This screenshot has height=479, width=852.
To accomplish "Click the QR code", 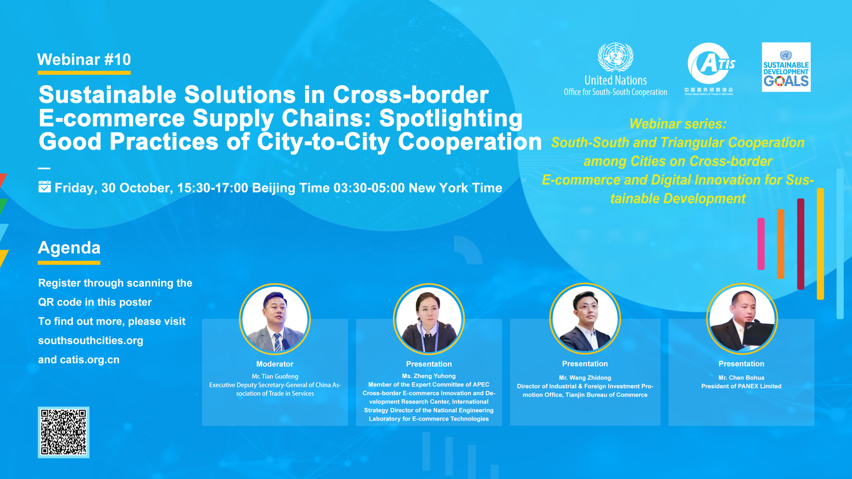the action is click(63, 432).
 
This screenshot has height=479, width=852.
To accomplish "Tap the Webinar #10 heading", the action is click(84, 60).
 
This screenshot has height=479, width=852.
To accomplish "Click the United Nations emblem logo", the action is click(615, 57).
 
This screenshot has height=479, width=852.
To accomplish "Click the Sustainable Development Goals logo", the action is click(786, 67).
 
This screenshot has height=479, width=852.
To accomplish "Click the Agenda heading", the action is click(69, 248).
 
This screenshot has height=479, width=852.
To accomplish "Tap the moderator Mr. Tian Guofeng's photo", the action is click(275, 319).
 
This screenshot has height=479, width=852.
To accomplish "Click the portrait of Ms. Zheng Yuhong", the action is click(429, 319).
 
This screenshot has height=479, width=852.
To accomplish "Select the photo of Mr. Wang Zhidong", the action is click(585, 319).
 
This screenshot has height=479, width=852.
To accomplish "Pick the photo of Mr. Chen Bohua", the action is click(742, 319).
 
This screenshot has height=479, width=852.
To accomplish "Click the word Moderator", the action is click(275, 364).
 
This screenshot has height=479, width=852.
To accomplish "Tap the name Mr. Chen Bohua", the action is click(741, 378).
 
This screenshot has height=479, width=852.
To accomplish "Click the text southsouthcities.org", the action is click(91, 340).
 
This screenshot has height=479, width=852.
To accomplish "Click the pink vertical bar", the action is click(761, 244).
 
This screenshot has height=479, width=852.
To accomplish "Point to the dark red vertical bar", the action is click(800, 244).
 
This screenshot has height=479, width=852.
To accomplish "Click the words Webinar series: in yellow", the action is click(678, 124).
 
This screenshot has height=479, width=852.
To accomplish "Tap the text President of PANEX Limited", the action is click(741, 386).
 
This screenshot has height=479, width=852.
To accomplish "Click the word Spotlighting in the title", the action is click(451, 118).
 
